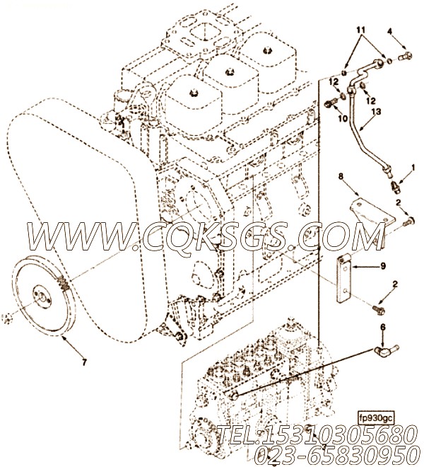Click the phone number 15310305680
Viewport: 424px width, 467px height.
click(x=326, y=433)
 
